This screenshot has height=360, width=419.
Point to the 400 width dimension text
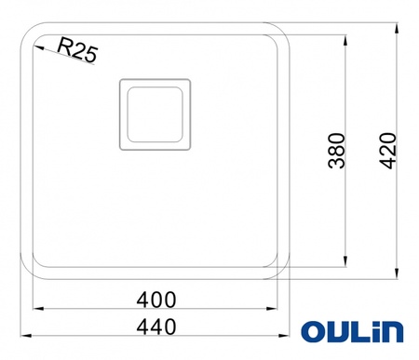click(156, 300)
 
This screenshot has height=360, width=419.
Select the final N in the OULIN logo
click(393, 333)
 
